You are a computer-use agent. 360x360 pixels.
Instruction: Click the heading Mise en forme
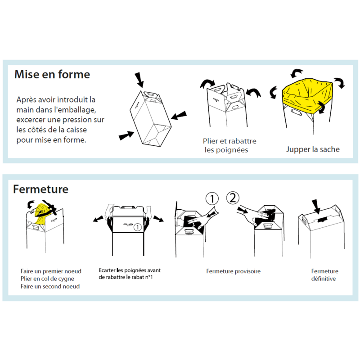(x=52, y=74)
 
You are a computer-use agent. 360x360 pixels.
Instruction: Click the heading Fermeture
(x=40, y=189)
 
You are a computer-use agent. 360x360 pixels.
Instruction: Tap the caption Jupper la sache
(x=313, y=149)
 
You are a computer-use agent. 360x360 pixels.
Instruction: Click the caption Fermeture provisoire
(x=233, y=271)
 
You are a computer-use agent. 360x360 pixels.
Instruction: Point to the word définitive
(x=324, y=279)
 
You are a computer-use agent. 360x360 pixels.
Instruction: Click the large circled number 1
(x=212, y=198)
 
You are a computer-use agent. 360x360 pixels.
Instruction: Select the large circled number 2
(x=233, y=198)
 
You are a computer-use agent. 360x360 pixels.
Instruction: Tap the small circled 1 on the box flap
(x=137, y=227)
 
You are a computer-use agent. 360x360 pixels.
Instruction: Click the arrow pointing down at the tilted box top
(x=139, y=80)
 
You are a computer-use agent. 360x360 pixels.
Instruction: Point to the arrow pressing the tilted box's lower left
(x=126, y=135)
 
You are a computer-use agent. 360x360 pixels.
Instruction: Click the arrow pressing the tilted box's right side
(x=179, y=115)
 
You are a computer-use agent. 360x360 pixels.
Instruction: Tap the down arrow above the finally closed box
(x=316, y=207)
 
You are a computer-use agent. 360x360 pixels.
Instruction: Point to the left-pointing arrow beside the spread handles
(x=98, y=219)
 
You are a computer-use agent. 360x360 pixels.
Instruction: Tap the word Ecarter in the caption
(x=107, y=270)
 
